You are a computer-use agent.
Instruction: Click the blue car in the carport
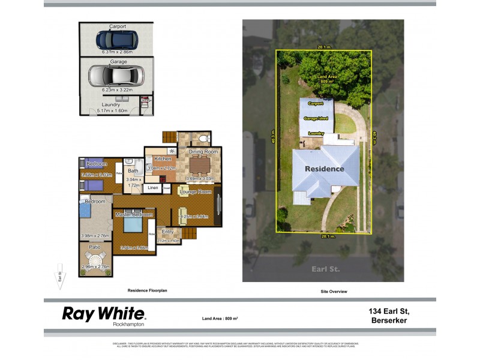click(117, 40)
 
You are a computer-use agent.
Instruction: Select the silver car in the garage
click(116, 76)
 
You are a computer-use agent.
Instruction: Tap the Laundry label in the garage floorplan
click(111, 104)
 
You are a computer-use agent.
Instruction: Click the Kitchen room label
click(163, 159)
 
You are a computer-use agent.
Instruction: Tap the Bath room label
click(133, 171)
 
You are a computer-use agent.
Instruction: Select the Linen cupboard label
click(152, 188)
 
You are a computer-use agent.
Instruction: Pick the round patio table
click(95, 261)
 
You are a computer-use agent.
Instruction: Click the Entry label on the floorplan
click(167, 232)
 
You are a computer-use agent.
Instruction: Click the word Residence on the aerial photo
click(325, 169)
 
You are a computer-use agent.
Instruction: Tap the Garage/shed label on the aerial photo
click(316, 119)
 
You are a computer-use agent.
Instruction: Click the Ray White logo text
click(103, 313)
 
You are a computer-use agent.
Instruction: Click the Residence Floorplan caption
click(147, 291)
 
